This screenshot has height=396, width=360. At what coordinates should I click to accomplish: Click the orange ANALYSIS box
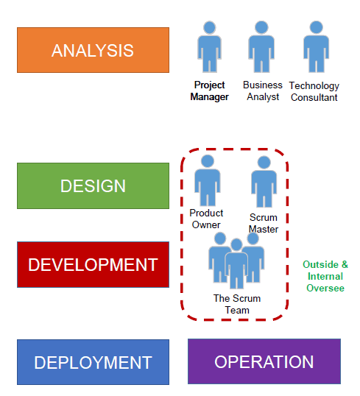[x=93, y=50]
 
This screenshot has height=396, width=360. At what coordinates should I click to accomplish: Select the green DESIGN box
[x=93, y=186]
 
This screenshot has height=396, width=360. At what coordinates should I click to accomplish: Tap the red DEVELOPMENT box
[x=93, y=264]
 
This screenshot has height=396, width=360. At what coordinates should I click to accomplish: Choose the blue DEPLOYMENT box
[x=93, y=362]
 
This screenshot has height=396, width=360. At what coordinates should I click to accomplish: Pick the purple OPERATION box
[x=264, y=361]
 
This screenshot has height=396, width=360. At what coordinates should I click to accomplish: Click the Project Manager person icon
[x=209, y=46]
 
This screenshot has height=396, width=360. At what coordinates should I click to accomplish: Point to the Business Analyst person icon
[x=261, y=46]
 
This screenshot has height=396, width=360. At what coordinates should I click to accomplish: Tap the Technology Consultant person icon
[x=317, y=46]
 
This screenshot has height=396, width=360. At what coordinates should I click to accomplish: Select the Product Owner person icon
[x=208, y=180]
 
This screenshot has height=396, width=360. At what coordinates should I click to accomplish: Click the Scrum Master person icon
[x=264, y=182]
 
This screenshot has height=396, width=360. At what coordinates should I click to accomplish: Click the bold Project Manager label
[x=209, y=91]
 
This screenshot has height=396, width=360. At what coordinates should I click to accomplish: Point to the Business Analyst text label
[x=263, y=91]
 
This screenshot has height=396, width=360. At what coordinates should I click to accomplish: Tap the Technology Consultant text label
[x=314, y=91]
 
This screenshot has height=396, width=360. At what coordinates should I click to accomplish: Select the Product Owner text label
[x=206, y=219]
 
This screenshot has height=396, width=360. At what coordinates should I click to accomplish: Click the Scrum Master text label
[x=264, y=223]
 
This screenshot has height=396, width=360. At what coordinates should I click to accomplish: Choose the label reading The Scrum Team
[x=237, y=304]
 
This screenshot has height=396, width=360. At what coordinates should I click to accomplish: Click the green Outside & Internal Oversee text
[x=325, y=276]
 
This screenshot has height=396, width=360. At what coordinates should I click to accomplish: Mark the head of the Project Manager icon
[x=209, y=27]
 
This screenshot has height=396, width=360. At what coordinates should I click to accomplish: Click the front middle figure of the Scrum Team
[x=236, y=264]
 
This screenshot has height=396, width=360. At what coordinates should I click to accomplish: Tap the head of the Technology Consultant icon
[x=317, y=27]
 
